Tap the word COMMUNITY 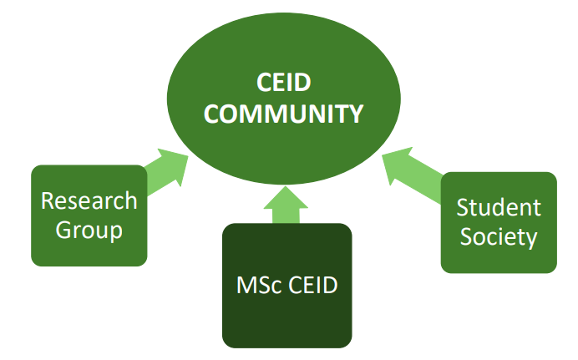click(x=284, y=114)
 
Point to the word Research click(x=89, y=201)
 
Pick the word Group click(x=89, y=230)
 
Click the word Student click(x=499, y=207)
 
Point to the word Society click(x=499, y=236)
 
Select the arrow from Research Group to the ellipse click(x=166, y=170)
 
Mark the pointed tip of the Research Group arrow click(x=188, y=153)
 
